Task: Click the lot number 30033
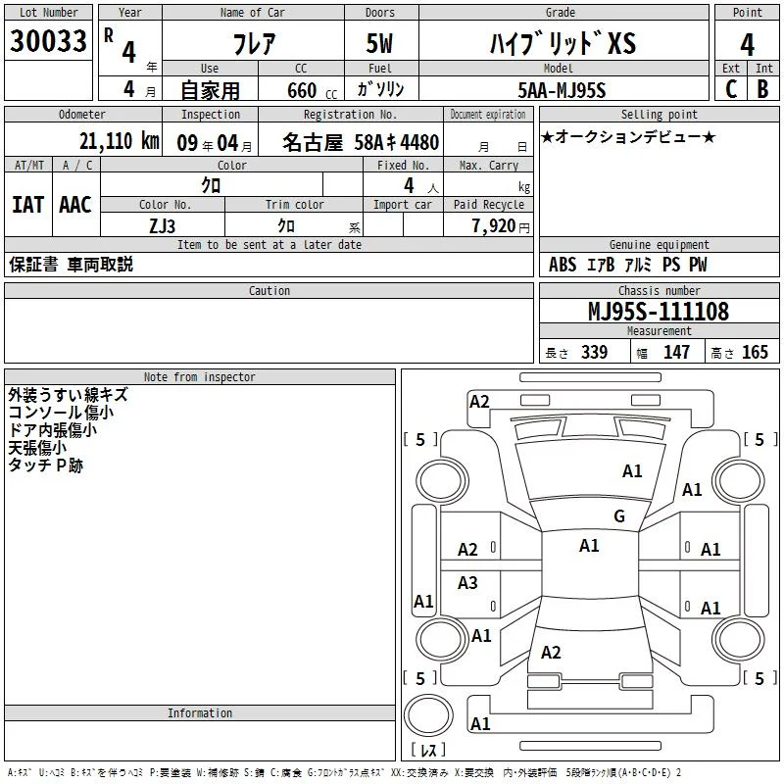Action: click(48, 40)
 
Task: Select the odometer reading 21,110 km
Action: click(119, 141)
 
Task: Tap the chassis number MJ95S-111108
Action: click(659, 311)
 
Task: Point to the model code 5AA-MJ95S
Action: click(562, 90)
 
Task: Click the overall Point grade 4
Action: click(747, 44)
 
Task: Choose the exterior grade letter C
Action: click(730, 89)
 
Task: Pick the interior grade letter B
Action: click(762, 89)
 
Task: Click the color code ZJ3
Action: click(163, 226)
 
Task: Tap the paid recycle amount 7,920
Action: click(494, 226)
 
